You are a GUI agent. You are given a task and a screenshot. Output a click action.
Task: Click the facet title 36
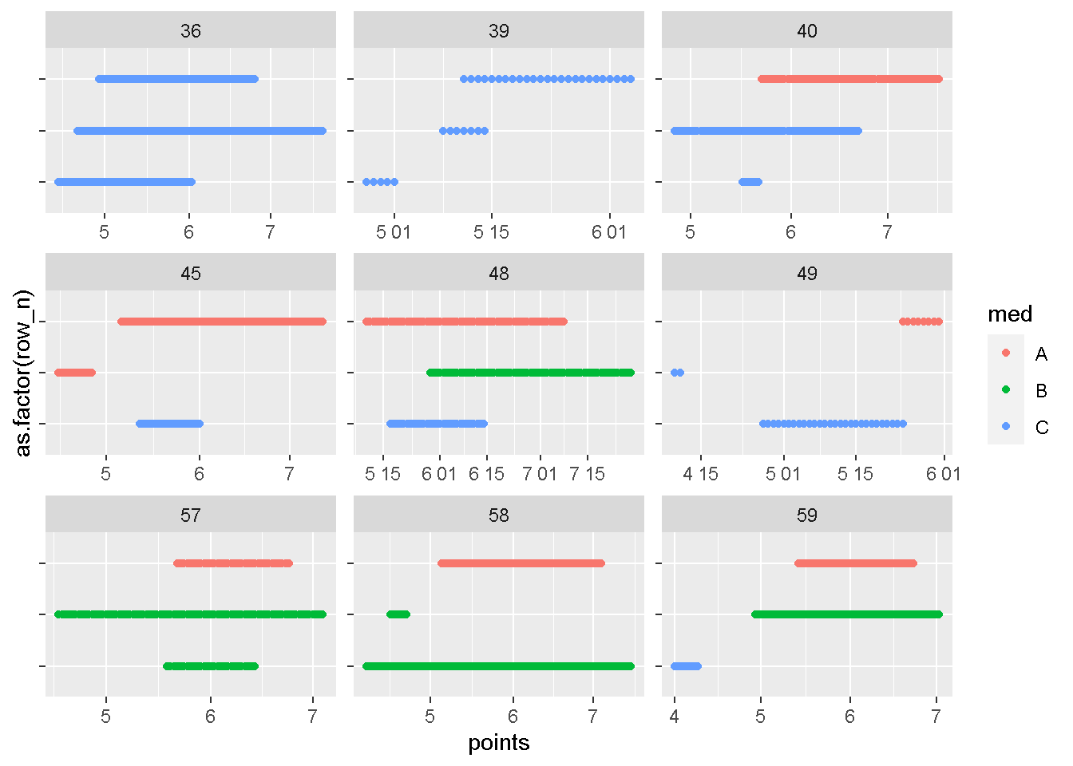[x=190, y=31]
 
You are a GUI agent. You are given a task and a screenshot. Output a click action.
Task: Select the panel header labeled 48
[x=498, y=274]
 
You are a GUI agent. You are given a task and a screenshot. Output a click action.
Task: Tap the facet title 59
[x=806, y=515]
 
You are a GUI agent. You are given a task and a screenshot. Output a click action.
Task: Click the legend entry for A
[x=1041, y=354]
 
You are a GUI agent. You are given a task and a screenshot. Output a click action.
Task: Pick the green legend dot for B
[x=1006, y=390]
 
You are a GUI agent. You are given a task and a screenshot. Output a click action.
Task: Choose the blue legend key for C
[x=1006, y=427]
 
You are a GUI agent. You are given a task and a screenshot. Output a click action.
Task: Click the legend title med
[x=1010, y=314]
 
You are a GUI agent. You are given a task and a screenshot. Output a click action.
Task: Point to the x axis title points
[x=498, y=744]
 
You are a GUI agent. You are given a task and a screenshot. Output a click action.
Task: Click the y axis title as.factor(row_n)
[x=24, y=373]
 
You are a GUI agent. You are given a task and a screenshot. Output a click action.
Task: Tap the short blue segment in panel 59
[x=686, y=666]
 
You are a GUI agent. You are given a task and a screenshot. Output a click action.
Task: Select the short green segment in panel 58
[x=398, y=614]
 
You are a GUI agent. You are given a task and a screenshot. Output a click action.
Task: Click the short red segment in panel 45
[x=74, y=373]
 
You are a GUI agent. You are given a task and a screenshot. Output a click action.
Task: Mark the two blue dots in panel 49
[x=677, y=373]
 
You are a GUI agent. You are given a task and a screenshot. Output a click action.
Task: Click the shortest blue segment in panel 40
[x=750, y=182]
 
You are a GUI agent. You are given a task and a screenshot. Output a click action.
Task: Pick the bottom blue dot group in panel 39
[x=380, y=182]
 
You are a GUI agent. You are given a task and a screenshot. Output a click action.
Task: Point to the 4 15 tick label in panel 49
[x=700, y=475]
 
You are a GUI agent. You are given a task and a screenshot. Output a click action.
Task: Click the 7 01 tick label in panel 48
[x=540, y=475]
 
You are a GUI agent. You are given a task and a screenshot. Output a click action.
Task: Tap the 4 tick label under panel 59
[x=675, y=717]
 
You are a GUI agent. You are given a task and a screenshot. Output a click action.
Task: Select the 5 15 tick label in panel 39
[x=491, y=232]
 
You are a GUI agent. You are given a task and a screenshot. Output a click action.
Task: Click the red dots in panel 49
[x=921, y=322]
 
